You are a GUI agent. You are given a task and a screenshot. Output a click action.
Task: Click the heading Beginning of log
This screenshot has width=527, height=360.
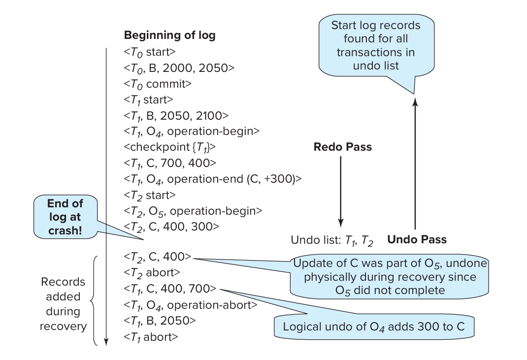[x=169, y=35]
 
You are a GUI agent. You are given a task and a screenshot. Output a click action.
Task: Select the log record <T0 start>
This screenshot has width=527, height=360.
[x=150, y=52]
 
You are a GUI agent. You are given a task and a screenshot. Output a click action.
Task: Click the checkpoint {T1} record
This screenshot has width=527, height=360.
[x=170, y=147]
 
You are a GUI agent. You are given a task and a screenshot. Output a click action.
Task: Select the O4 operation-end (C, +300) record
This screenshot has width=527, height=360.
[x=212, y=178]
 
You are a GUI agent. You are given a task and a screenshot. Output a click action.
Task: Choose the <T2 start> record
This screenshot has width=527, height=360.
[x=150, y=195]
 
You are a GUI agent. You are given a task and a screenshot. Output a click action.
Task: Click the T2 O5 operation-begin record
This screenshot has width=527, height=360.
[x=193, y=210]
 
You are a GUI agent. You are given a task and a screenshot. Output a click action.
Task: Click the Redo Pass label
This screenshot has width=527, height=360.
[x=343, y=147]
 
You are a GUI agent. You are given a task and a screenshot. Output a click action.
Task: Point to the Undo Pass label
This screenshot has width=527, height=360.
[x=417, y=240]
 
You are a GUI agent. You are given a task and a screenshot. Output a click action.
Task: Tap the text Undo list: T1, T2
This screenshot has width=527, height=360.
[x=332, y=241]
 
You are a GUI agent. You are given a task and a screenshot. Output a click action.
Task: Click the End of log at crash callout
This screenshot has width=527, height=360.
[x=65, y=217]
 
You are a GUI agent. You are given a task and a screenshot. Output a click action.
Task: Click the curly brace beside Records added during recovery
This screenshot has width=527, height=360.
[x=95, y=300]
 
